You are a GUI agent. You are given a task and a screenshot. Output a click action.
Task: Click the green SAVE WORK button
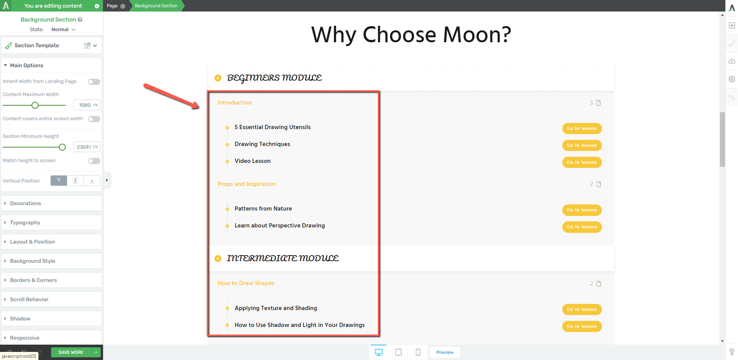pos(71,352)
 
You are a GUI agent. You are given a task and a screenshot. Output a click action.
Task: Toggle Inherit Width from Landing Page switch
pos(94,81)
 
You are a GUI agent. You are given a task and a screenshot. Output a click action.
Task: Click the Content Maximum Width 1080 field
pos(86,105)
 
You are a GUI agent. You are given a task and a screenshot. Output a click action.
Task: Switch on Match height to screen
pos(94,161)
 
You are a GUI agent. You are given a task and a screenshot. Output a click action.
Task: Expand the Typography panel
pos(52,222)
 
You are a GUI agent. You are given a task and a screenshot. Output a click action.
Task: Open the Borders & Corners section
pos(52,280)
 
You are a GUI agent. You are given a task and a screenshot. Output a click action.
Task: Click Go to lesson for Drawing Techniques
pos(582,145)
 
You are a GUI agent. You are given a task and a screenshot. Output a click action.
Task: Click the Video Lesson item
pos(253,161)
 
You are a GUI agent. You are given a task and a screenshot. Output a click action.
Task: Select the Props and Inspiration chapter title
pos(246,184)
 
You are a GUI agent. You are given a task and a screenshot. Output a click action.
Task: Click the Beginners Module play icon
pos(218,78)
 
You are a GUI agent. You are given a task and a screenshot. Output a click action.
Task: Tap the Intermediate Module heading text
pos(283,258)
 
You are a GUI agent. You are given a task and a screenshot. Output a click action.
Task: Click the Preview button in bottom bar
pos(445,352)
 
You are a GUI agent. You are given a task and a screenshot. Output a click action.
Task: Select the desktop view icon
pos(379,352)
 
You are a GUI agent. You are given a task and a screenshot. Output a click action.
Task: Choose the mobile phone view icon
pos(418,352)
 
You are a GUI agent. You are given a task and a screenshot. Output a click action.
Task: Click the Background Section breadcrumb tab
pos(156,6)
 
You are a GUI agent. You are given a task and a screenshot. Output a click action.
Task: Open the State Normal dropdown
pos(63,30)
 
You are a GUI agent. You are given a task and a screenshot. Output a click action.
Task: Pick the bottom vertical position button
pos(92,181)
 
